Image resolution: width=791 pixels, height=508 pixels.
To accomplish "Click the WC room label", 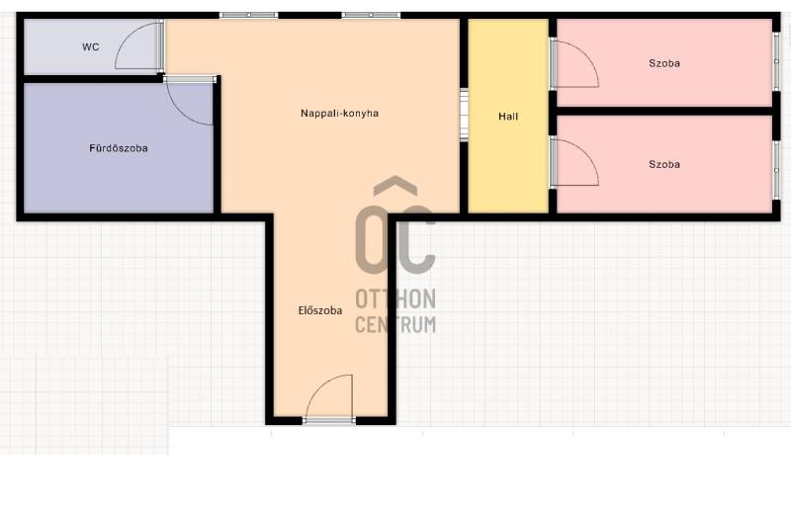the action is point(91,46).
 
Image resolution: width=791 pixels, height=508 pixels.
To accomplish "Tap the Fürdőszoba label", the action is point(119,148).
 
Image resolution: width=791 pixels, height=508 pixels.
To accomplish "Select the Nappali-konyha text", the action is point(339,113).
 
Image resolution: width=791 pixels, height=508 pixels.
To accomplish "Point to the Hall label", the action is point(508,117).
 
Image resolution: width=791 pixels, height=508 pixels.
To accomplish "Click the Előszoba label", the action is point(320,310).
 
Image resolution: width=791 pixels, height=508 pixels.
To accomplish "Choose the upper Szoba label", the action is point(664,63).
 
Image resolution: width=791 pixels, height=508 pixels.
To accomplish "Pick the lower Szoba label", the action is point(664,164).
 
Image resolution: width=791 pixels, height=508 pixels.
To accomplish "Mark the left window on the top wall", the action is point(249,15).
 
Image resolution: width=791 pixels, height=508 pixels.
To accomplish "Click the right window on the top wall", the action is point(371,15).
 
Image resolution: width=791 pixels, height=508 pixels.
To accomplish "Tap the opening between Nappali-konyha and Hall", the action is point(464,115).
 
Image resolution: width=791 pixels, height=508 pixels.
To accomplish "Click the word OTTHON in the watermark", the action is point(395,299).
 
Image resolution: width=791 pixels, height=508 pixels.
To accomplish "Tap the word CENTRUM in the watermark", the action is point(395,324).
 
